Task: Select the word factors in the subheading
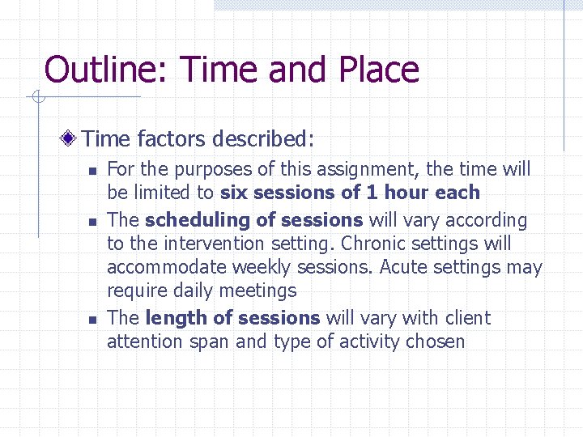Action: click(172, 139)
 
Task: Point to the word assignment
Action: click(371, 169)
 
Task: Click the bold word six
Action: click(234, 193)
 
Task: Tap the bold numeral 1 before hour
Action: click(372, 193)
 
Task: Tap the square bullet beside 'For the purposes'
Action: click(92, 171)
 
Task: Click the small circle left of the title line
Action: click(36, 98)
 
